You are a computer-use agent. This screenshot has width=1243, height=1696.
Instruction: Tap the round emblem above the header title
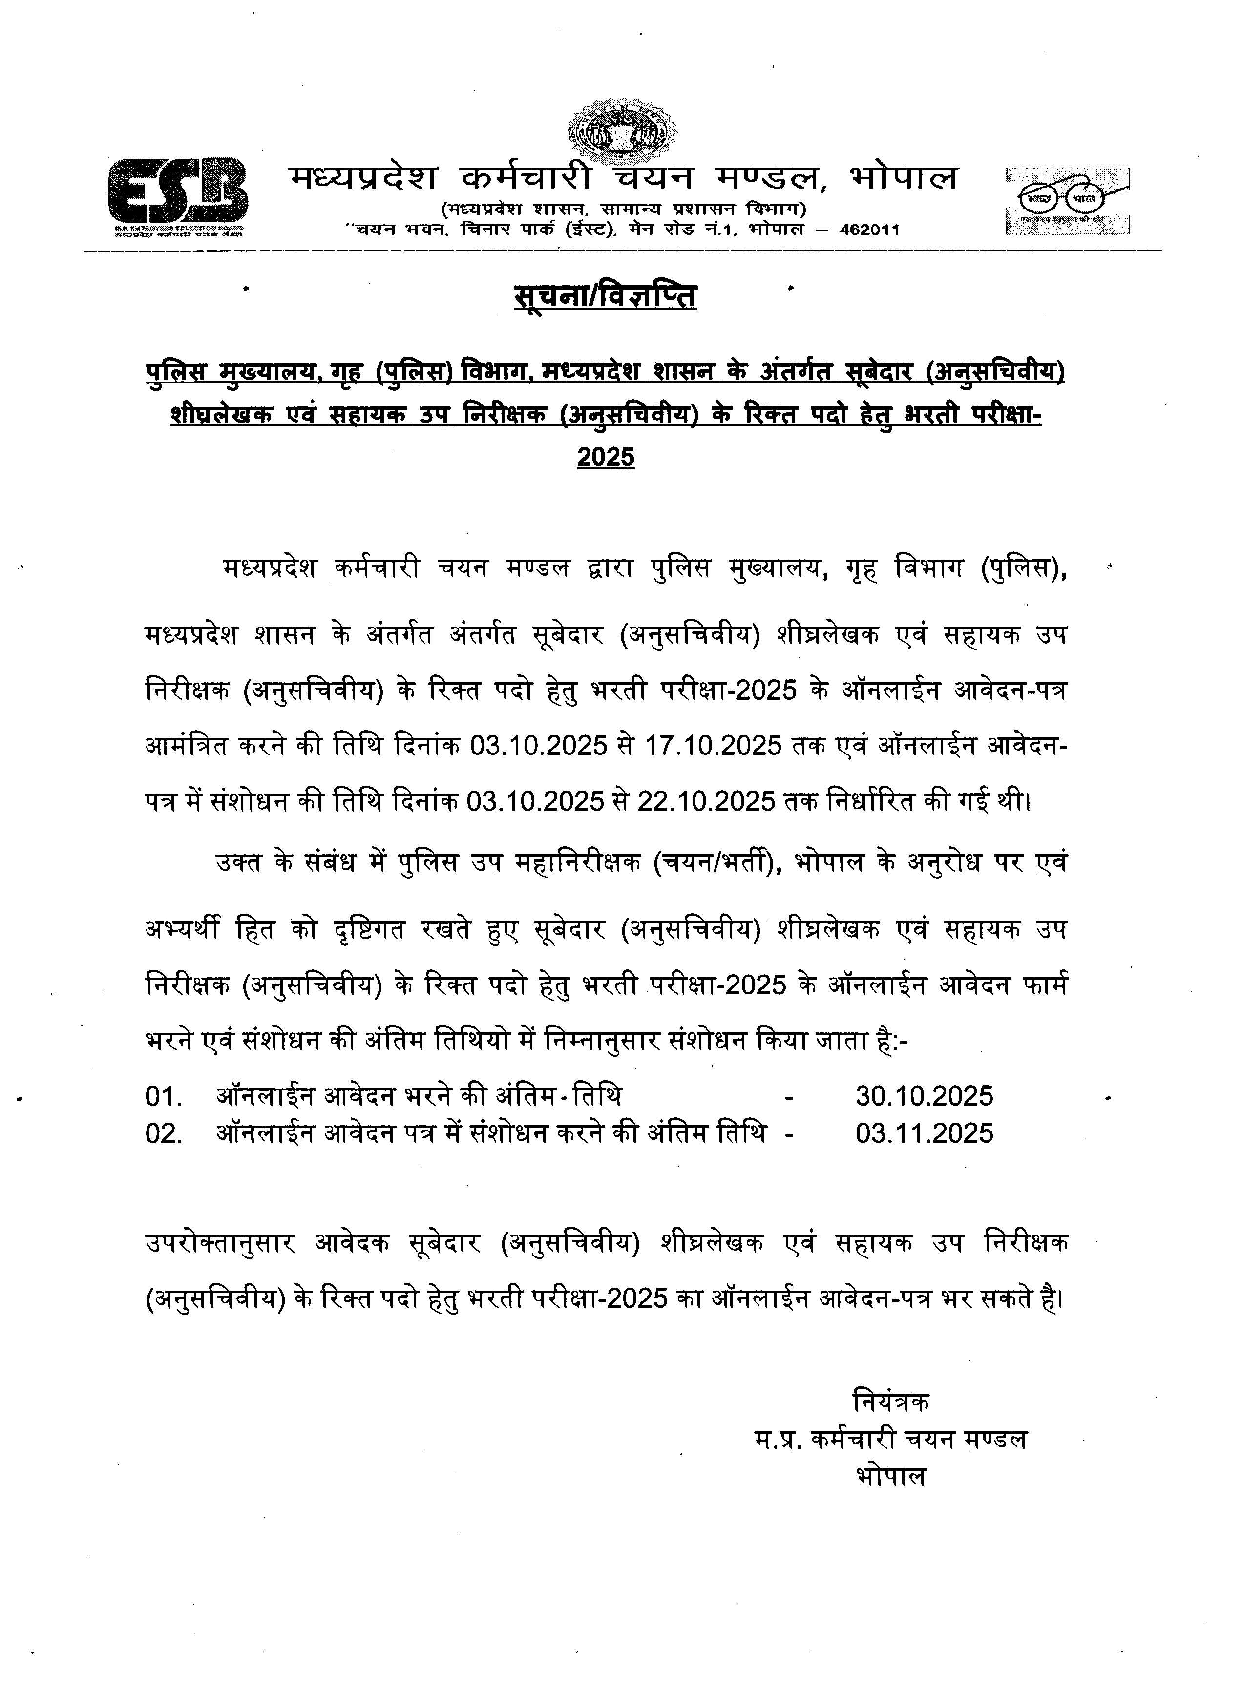621,135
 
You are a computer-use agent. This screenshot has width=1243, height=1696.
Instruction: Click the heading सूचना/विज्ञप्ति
606,295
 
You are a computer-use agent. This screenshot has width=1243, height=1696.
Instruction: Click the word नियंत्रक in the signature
892,1402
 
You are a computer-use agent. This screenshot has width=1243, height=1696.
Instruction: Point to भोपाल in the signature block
892,1476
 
